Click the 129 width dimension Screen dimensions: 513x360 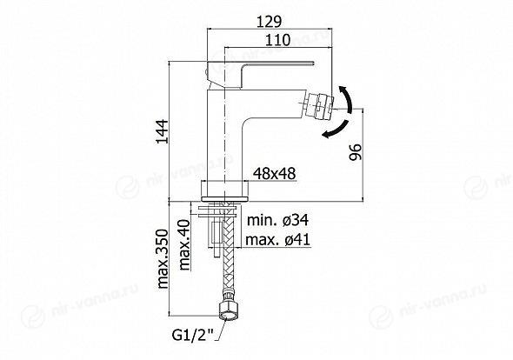(x=269, y=22)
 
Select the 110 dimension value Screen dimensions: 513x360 (x=277, y=40)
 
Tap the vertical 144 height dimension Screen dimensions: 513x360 (x=163, y=131)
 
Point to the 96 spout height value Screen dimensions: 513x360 (x=356, y=152)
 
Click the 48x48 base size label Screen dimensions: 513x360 (x=275, y=173)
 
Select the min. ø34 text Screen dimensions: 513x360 (x=277, y=220)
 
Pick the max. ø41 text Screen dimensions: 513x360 (x=277, y=240)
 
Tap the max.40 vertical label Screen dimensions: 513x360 (x=184, y=245)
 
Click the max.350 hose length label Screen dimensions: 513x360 (x=163, y=258)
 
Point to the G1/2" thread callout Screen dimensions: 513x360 (x=193, y=335)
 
